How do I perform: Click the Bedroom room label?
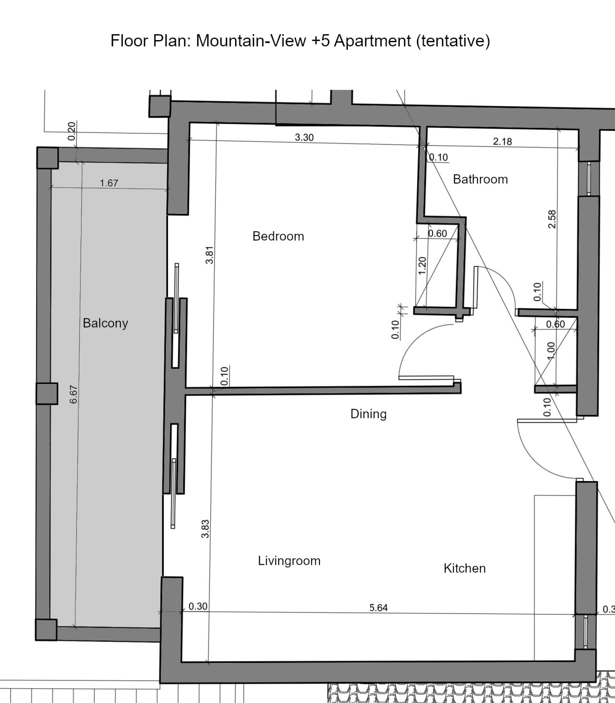[278, 236]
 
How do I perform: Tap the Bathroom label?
[480, 179]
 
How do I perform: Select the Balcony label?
[105, 323]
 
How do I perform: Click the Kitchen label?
[465, 568]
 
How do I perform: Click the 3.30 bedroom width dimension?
[304, 138]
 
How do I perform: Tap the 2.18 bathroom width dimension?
[503, 142]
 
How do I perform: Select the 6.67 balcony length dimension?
[73, 395]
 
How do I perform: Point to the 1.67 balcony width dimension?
[109, 183]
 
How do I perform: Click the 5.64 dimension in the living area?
[379, 608]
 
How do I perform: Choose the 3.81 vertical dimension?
[209, 255]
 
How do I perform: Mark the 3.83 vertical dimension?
[205, 529]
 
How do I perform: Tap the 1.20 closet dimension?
[422, 266]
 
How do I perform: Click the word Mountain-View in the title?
[251, 41]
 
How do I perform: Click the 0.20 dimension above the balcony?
[71, 131]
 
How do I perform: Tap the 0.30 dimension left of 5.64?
[198, 607]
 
